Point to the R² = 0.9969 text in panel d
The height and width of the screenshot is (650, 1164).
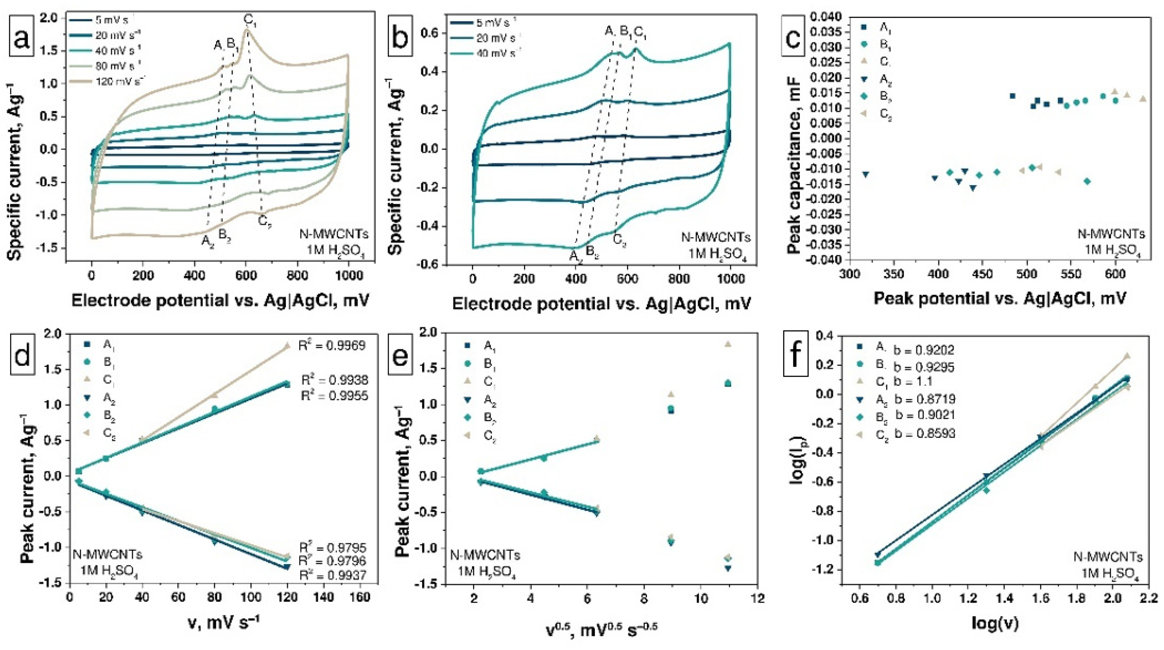pyautogui.click(x=332, y=346)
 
